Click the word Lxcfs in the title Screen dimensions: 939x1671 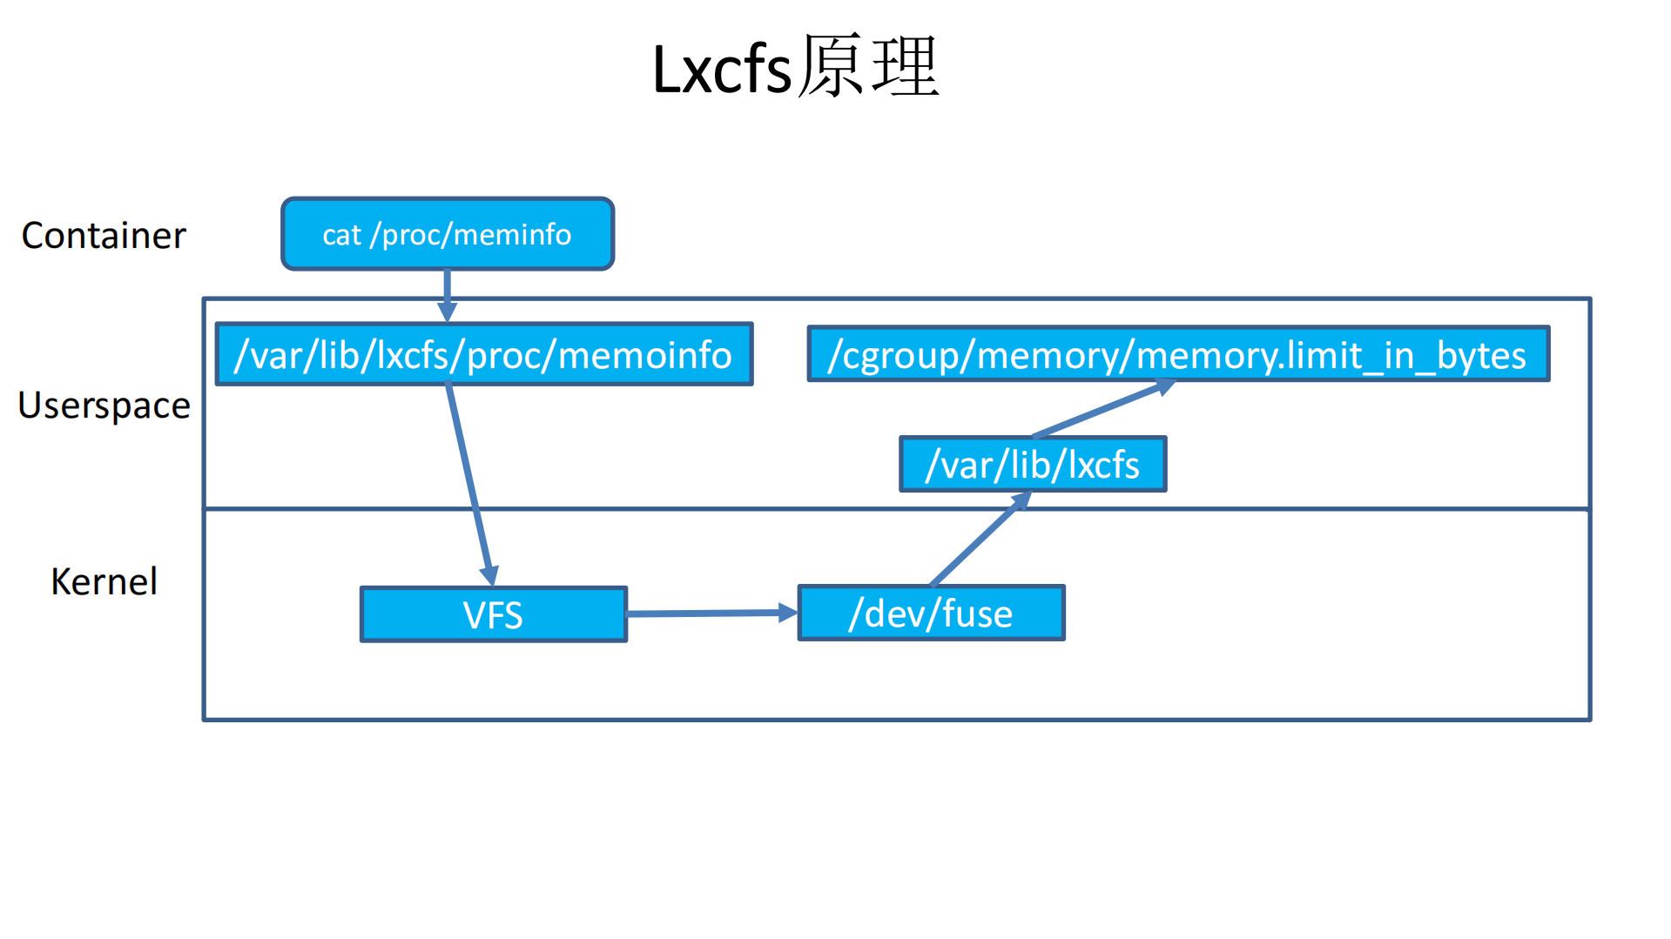point(721,70)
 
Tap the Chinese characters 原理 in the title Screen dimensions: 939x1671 point(868,67)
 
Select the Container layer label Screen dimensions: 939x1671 point(104,236)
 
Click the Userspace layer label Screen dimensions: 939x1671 point(104,406)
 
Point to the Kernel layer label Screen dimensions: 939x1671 point(104,581)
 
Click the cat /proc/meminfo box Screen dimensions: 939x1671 point(448,234)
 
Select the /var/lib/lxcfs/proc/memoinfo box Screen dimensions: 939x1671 point(484,354)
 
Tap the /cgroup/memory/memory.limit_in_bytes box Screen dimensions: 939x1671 point(1177,354)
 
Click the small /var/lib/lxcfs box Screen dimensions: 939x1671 point(1032,465)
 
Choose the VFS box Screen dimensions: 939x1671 point(493,614)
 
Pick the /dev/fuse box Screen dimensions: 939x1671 point(931,614)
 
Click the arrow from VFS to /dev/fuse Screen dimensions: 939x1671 point(705,614)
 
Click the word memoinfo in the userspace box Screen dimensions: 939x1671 point(644,355)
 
